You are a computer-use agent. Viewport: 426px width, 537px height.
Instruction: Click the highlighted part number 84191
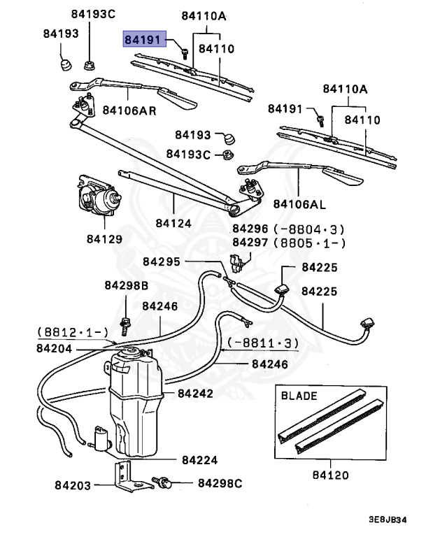(141, 40)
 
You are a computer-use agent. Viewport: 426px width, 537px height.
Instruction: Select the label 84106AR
(129, 110)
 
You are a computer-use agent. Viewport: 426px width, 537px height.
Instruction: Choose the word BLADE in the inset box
(299, 395)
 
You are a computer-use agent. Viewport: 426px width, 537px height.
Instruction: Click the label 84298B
(127, 285)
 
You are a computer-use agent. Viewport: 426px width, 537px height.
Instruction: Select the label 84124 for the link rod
(173, 223)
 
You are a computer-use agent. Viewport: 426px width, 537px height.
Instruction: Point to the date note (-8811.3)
(261, 343)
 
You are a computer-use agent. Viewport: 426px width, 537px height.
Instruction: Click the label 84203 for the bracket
(72, 484)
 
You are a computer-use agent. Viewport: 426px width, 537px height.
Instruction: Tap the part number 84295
(161, 262)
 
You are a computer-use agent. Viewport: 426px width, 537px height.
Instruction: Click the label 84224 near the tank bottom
(199, 460)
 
